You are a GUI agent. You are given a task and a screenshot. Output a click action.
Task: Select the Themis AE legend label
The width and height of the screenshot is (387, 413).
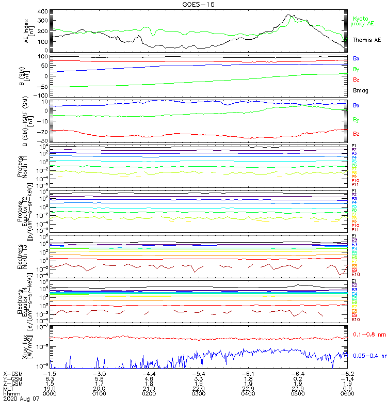pyautogui.click(x=366, y=40)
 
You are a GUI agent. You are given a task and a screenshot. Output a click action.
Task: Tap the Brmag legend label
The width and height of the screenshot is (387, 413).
pyautogui.click(x=360, y=90)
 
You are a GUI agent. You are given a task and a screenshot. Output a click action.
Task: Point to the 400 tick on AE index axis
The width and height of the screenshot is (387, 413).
pyautogui.click(x=42, y=11)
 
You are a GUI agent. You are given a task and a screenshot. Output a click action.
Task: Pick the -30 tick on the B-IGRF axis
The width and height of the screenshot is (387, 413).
pyautogui.click(x=42, y=140)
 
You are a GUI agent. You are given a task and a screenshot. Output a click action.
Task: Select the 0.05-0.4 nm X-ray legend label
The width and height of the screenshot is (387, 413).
pyautogui.click(x=369, y=356)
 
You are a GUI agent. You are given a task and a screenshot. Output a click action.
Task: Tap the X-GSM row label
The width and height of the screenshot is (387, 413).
pyautogui.click(x=13, y=373)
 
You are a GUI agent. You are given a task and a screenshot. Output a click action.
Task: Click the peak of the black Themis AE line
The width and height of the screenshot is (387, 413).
pyautogui.click(x=289, y=14)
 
